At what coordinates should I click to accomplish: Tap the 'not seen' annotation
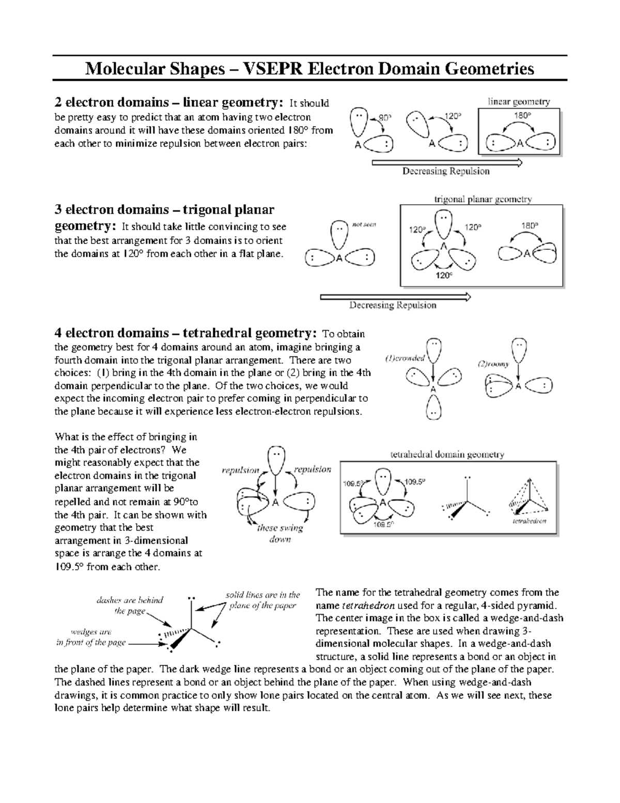coord(364,224)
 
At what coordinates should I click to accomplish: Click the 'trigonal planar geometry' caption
coord(483,199)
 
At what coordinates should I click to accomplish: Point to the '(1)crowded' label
coord(405,358)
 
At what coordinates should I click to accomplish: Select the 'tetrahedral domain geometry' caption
coord(446,454)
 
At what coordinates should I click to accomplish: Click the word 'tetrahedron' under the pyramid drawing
coord(529,521)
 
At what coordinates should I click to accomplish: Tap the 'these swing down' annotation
coord(280,534)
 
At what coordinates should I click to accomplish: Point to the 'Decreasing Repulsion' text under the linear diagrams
coord(446,171)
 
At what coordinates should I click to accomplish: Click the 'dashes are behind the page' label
coord(130,605)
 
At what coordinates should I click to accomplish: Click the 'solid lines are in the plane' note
coord(262,600)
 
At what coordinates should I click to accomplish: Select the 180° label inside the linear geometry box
coord(521,116)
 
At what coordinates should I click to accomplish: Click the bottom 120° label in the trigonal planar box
coord(443,276)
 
